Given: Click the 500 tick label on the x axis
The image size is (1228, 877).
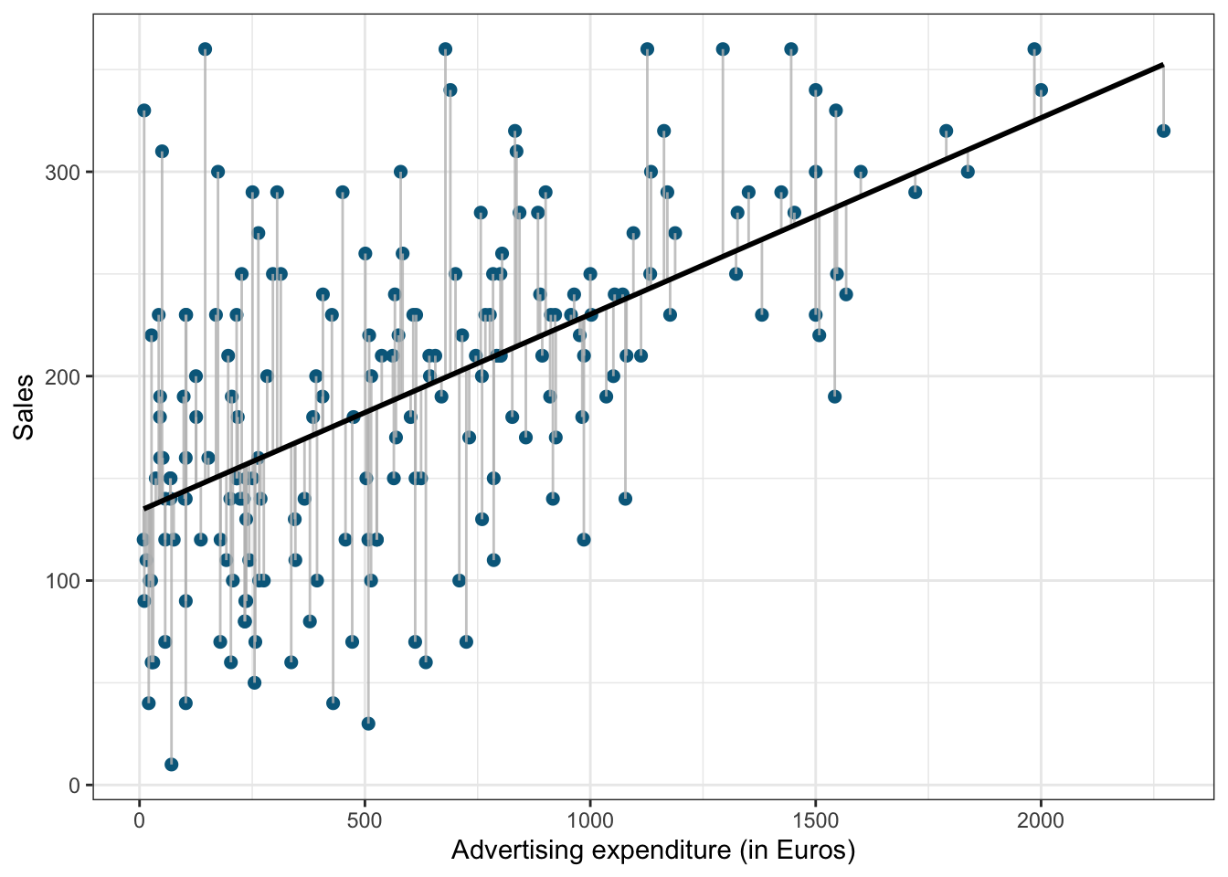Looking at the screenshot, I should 365,821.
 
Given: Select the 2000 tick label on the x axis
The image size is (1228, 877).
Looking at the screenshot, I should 1041,821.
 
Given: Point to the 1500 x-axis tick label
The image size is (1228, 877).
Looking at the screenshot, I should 815,821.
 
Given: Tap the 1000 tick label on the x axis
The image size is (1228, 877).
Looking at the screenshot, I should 589,821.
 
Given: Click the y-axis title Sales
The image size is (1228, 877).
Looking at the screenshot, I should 24,407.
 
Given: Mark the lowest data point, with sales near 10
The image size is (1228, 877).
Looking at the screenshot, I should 171,765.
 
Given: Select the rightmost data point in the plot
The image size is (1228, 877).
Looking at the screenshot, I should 1163,131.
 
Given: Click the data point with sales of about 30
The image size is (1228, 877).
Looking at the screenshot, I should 368,724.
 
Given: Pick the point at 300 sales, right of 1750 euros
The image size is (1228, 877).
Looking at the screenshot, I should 968,172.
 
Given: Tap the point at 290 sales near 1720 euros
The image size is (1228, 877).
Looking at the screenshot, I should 915,192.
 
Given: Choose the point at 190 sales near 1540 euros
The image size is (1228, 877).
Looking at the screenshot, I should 834,396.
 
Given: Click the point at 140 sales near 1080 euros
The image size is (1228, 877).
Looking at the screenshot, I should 625,499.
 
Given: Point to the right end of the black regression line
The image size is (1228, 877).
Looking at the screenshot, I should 1163,65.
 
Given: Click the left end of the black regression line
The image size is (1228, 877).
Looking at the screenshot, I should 143,509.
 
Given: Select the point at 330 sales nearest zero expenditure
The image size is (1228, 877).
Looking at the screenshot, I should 143,111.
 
